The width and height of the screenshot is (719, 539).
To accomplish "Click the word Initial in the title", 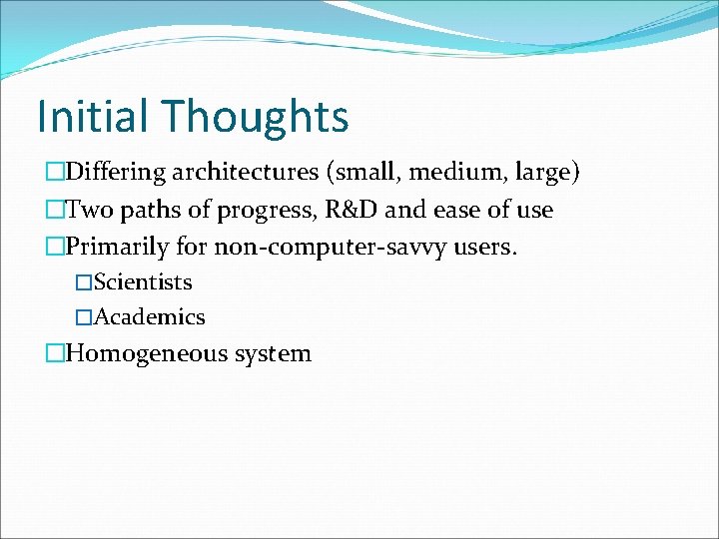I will [93, 116].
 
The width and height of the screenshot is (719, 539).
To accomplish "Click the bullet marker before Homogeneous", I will [54, 353].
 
